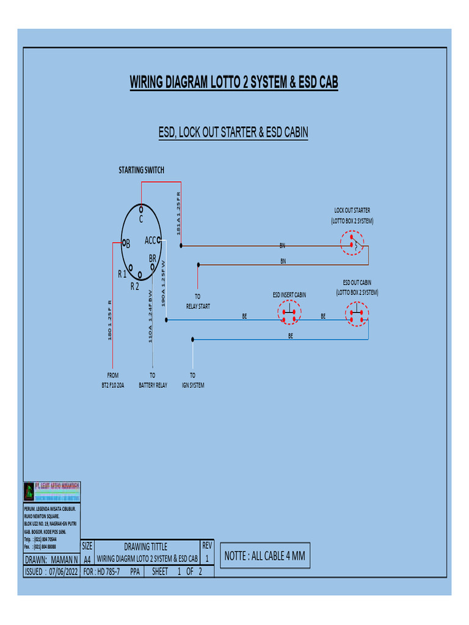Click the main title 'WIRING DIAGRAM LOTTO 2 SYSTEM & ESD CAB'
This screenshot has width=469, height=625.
pyautogui.click(x=234, y=82)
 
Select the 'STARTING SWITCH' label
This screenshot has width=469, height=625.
pyautogui.click(x=141, y=170)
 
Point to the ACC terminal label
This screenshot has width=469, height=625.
pyautogui.click(x=151, y=240)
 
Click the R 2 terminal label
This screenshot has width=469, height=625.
pyautogui.click(x=135, y=286)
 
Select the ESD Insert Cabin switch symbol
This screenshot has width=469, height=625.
pyautogui.click(x=289, y=316)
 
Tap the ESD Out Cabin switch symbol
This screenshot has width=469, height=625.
pyautogui.click(x=357, y=316)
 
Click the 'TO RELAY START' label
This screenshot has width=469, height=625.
pyautogui.click(x=197, y=302)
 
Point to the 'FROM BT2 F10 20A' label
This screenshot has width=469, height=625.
pyautogui.click(x=112, y=380)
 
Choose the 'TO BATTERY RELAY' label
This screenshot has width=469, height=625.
pyautogui.click(x=153, y=380)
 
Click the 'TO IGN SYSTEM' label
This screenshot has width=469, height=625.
pyautogui.click(x=192, y=380)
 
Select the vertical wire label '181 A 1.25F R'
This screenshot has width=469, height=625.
pyautogui.click(x=179, y=213)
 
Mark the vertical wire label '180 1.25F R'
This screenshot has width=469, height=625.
pyautogui.click(x=110, y=319)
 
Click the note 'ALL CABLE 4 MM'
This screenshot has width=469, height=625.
pyautogui.click(x=264, y=556)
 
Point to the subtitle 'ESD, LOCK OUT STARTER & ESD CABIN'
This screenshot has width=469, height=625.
pyautogui.click(x=233, y=132)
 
